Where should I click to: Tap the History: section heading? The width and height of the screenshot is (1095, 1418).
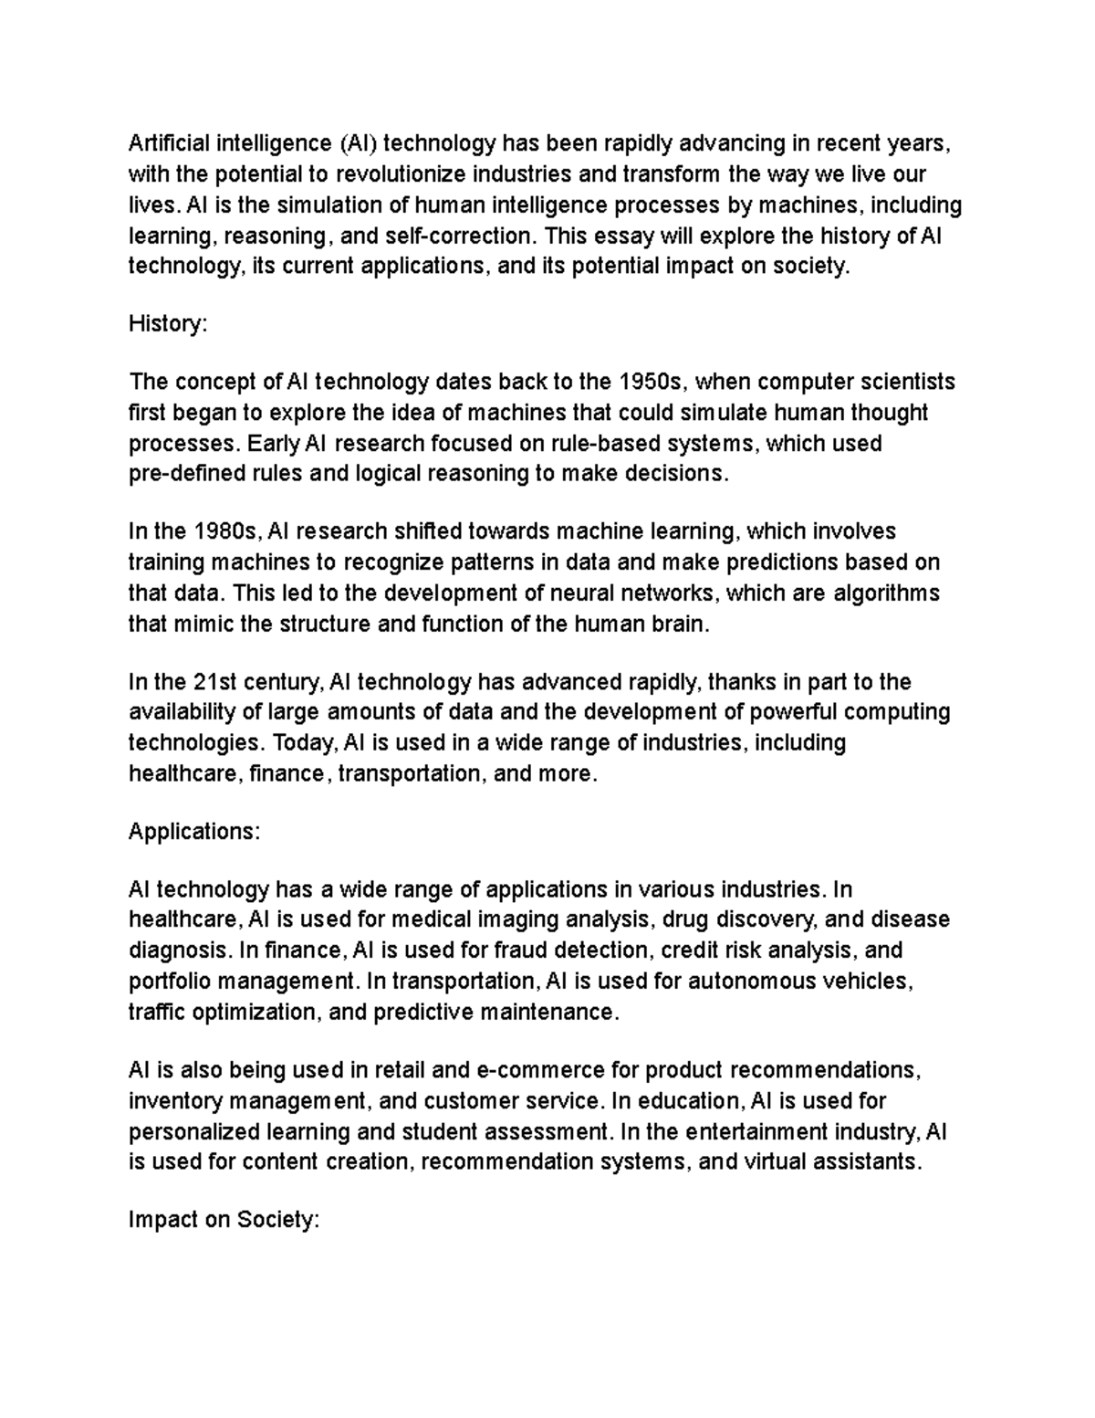click(168, 323)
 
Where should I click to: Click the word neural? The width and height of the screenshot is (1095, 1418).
click(580, 593)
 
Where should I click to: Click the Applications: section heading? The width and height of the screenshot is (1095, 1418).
click(194, 832)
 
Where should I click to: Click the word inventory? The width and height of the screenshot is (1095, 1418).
click(174, 1100)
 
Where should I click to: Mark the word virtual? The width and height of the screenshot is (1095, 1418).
click(781, 1162)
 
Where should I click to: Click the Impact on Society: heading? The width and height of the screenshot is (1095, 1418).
click(224, 1220)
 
